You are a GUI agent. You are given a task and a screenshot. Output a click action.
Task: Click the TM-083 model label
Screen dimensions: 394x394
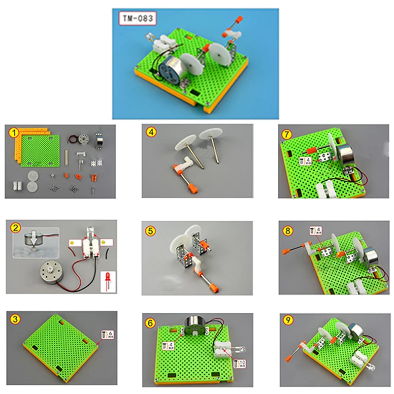(x=137, y=19)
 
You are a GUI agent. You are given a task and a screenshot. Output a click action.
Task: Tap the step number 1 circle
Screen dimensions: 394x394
(x=15, y=132)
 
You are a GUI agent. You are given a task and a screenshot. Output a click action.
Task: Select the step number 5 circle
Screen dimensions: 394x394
(x=149, y=229)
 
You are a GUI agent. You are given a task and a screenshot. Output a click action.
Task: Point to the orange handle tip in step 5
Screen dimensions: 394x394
(x=214, y=285)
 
